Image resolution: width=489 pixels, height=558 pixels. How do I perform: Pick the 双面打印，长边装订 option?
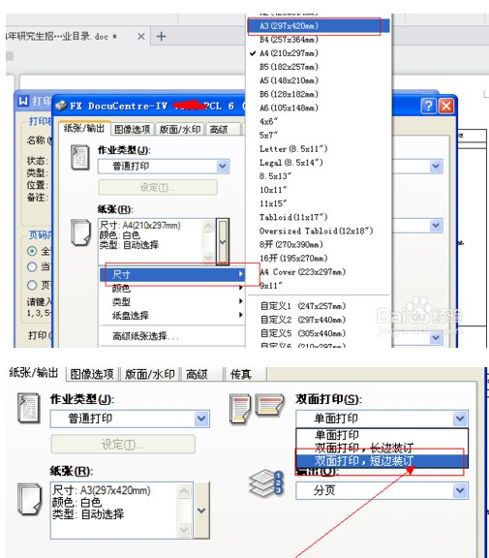(x=362, y=449)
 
